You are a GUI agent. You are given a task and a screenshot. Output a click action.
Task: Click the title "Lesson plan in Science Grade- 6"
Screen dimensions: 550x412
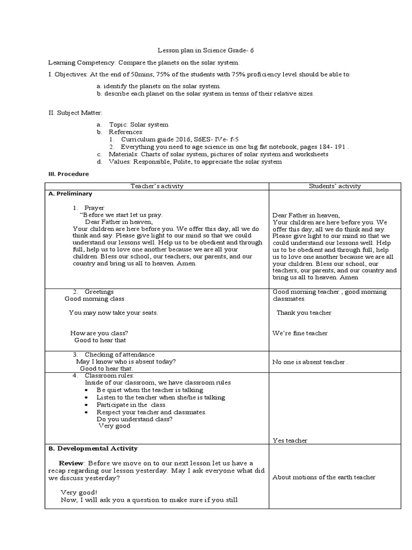click(x=205, y=50)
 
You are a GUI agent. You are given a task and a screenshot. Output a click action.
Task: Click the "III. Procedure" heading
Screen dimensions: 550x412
click(x=69, y=174)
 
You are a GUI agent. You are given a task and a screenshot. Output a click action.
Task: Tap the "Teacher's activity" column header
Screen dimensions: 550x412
click(x=157, y=186)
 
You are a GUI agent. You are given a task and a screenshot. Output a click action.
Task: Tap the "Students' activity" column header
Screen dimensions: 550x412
click(x=335, y=186)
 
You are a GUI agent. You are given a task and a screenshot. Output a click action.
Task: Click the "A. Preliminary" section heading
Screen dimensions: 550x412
click(x=71, y=194)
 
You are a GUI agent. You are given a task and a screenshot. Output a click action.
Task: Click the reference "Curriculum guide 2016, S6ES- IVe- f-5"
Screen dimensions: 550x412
click(x=172, y=139)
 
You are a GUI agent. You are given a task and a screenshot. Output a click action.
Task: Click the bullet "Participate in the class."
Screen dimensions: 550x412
click(x=131, y=404)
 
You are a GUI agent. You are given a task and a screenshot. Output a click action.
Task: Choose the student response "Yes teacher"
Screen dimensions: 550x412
click(x=290, y=440)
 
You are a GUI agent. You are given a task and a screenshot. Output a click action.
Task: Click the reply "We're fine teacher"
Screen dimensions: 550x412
click(x=299, y=333)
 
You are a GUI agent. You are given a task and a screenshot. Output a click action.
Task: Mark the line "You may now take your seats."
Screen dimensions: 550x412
click(x=114, y=313)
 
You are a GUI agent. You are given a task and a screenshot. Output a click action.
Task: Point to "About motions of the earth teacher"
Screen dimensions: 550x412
click(x=323, y=477)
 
